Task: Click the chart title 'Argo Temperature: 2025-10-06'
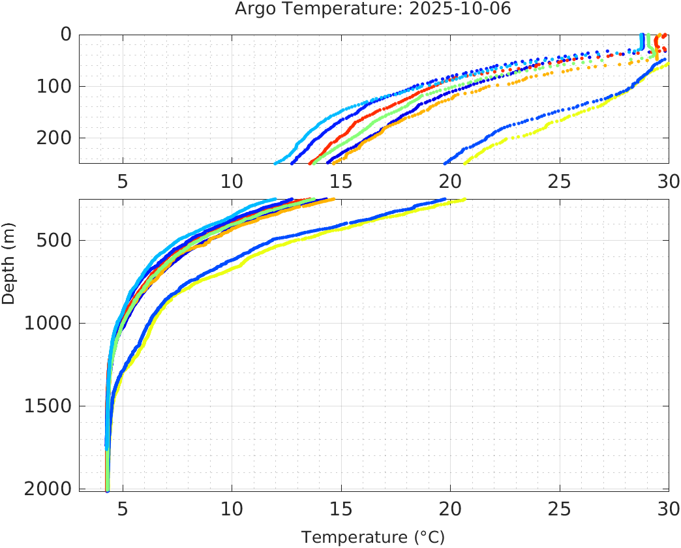coord(372,9)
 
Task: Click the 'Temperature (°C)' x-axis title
coord(372,538)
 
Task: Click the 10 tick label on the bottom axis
coord(232,508)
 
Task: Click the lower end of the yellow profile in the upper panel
coord(464,163)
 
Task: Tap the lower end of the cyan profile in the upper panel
coord(276,163)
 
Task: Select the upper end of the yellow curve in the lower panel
coord(464,200)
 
